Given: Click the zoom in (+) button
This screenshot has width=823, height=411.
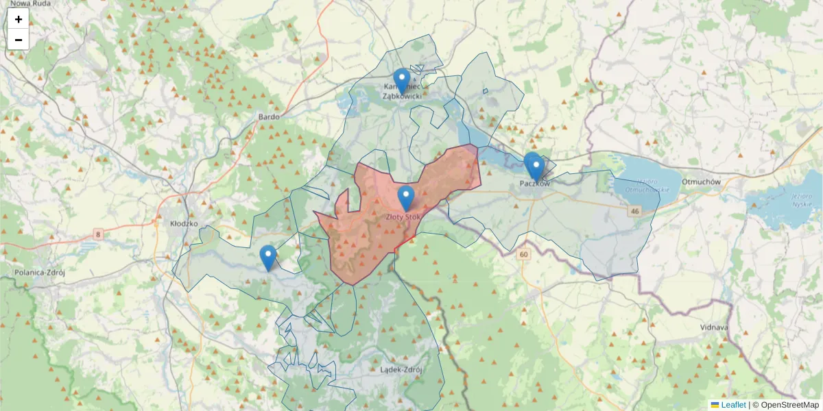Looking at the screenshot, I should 19,19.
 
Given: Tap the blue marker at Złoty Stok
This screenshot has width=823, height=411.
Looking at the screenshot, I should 406,198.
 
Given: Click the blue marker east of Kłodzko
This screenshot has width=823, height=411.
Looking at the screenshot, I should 268,258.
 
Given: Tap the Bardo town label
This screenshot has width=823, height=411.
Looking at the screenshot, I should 269,117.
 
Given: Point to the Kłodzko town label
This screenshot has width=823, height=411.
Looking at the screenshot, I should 184,223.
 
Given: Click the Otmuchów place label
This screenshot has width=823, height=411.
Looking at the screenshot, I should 702,182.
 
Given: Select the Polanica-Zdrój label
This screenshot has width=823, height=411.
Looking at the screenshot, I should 39,272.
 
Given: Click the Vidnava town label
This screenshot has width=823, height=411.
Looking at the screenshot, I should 714,327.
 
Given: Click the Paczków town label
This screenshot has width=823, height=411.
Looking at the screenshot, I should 535,184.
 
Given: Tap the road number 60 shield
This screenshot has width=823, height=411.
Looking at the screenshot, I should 525,255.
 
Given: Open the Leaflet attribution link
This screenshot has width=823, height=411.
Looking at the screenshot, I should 732,405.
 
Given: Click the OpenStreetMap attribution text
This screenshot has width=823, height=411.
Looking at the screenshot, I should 789,405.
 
